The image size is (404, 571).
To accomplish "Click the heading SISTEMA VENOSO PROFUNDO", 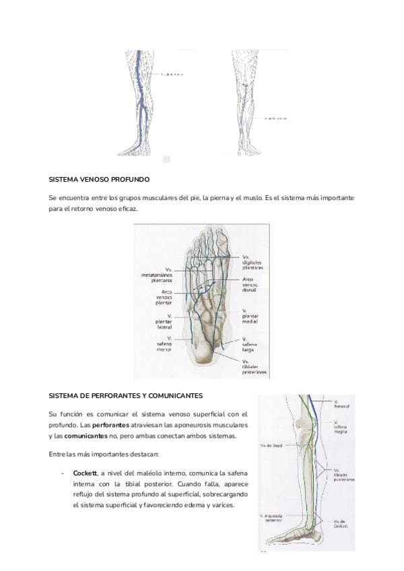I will (x=99, y=180).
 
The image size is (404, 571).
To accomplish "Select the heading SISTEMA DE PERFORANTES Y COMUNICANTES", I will (x=126, y=396).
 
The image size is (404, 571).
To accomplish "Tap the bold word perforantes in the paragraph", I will (x=111, y=425).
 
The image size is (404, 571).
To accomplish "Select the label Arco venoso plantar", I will (x=162, y=297).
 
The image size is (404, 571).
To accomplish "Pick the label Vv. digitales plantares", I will (x=252, y=262).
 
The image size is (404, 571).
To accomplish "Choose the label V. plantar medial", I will (x=251, y=316).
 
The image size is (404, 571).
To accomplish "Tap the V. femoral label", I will (x=341, y=404).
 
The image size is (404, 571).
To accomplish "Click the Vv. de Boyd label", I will (x=269, y=445).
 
